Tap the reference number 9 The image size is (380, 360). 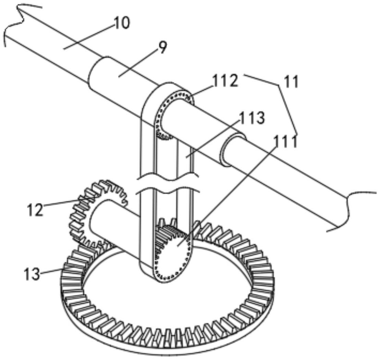(x=161, y=48)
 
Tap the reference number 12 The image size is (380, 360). (x=35, y=210)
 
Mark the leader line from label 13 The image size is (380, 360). (x=51, y=271)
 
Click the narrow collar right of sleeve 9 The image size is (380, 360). (x=230, y=151)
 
